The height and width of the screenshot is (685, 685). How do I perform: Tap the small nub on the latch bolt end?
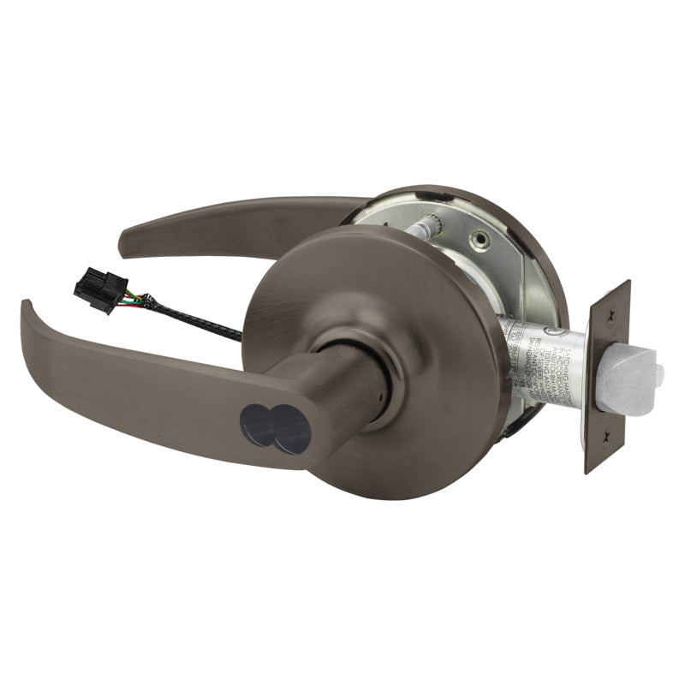pyautogui.click(x=659, y=375)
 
